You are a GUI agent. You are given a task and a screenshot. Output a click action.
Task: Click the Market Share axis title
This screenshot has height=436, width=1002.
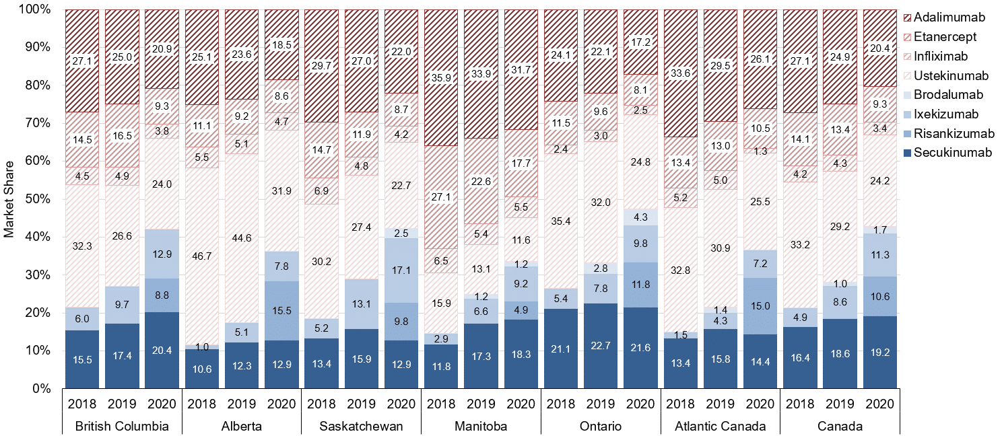pyautogui.click(x=9, y=199)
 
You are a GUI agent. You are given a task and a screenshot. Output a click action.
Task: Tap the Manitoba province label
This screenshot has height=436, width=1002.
pyautogui.click(x=481, y=427)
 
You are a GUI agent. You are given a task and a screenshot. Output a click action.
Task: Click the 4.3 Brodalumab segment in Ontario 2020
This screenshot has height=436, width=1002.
pyautogui.click(x=642, y=217)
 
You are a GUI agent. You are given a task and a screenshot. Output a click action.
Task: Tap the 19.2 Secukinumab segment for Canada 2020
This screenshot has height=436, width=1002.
pyautogui.click(x=881, y=352)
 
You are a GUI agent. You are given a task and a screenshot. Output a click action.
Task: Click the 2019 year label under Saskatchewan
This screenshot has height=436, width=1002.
pyautogui.click(x=362, y=404)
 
